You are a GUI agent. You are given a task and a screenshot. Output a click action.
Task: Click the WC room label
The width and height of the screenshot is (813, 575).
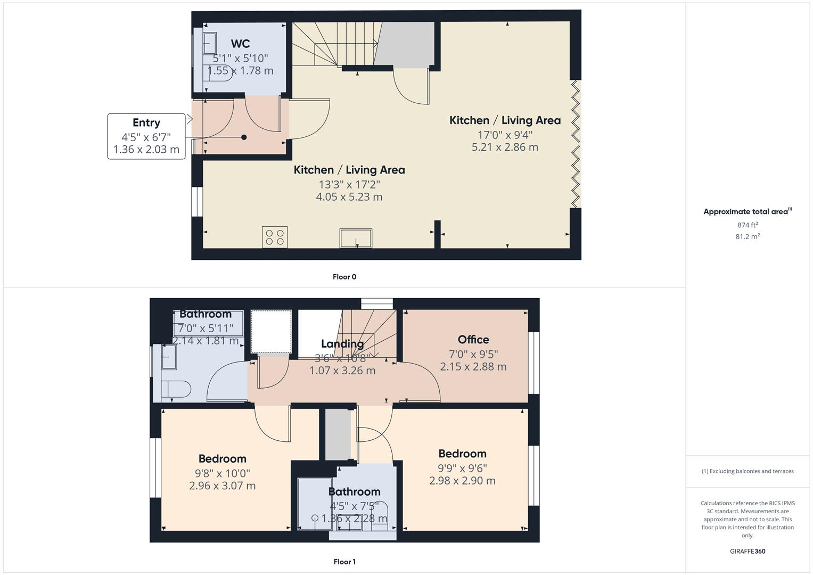240,44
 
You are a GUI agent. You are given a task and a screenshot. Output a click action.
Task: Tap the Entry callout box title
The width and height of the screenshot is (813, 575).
146,123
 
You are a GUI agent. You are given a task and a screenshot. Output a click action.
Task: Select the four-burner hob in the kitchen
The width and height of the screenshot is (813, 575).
275,237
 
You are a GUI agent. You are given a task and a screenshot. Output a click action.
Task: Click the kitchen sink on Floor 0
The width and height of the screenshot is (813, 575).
356,238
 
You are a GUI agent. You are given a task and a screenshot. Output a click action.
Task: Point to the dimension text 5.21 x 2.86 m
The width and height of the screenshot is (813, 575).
505,147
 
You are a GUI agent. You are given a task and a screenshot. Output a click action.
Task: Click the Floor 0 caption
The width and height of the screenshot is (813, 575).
344,277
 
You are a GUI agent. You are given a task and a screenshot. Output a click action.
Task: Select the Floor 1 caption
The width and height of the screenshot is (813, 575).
344,562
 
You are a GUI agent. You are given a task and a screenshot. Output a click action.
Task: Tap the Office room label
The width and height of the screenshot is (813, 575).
473,340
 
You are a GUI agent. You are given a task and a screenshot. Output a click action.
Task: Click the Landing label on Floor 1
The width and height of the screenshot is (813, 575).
342,344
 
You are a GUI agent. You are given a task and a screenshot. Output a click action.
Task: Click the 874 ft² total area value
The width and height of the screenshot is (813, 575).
748,225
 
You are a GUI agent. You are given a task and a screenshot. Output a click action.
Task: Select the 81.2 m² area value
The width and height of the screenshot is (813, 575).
748,237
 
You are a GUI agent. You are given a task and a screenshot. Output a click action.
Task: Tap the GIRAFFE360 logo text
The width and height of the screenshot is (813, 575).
748,552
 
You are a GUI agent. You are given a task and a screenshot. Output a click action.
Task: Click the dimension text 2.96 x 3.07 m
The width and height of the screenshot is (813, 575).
222,486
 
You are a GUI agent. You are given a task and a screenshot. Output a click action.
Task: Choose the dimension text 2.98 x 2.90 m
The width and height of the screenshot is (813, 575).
462,481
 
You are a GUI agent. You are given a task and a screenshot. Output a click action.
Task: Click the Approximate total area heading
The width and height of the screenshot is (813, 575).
747,212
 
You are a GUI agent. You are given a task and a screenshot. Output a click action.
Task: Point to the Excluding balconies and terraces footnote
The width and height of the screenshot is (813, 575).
748,471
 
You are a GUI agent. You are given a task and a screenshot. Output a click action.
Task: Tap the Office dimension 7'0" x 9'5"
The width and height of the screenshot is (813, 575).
473,354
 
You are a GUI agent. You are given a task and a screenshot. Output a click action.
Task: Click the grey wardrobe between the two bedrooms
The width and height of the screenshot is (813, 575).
338,434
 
